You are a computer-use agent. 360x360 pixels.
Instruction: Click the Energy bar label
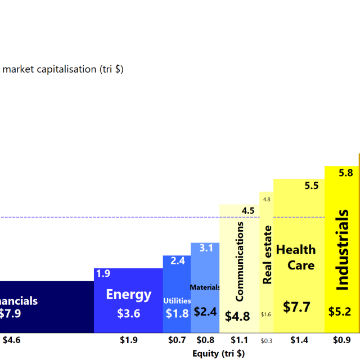[x=129, y=294]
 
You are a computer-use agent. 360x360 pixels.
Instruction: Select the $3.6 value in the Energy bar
[x=129, y=314]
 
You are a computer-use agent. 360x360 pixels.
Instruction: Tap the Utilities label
[x=177, y=301]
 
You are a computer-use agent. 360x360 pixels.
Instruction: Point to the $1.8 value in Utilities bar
[x=177, y=314]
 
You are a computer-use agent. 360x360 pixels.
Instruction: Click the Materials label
[x=205, y=287]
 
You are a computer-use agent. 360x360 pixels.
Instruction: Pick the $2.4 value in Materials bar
[x=205, y=311]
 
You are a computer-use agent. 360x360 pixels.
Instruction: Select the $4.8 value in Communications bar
[x=237, y=316]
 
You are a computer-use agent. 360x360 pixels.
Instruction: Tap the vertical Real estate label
[x=267, y=254]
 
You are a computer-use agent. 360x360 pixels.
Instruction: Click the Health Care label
[x=296, y=257]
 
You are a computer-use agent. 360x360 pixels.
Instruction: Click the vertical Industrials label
[x=342, y=250]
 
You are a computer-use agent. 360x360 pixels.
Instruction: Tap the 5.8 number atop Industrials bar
[x=346, y=173]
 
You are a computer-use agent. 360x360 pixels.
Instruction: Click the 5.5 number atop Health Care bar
[x=312, y=186]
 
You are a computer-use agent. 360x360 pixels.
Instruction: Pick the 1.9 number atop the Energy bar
[x=103, y=274]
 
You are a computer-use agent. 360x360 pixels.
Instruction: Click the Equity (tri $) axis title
[x=219, y=354]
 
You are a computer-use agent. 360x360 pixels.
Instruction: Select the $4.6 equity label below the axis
[x=12, y=340]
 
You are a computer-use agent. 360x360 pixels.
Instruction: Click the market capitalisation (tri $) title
[x=64, y=69]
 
